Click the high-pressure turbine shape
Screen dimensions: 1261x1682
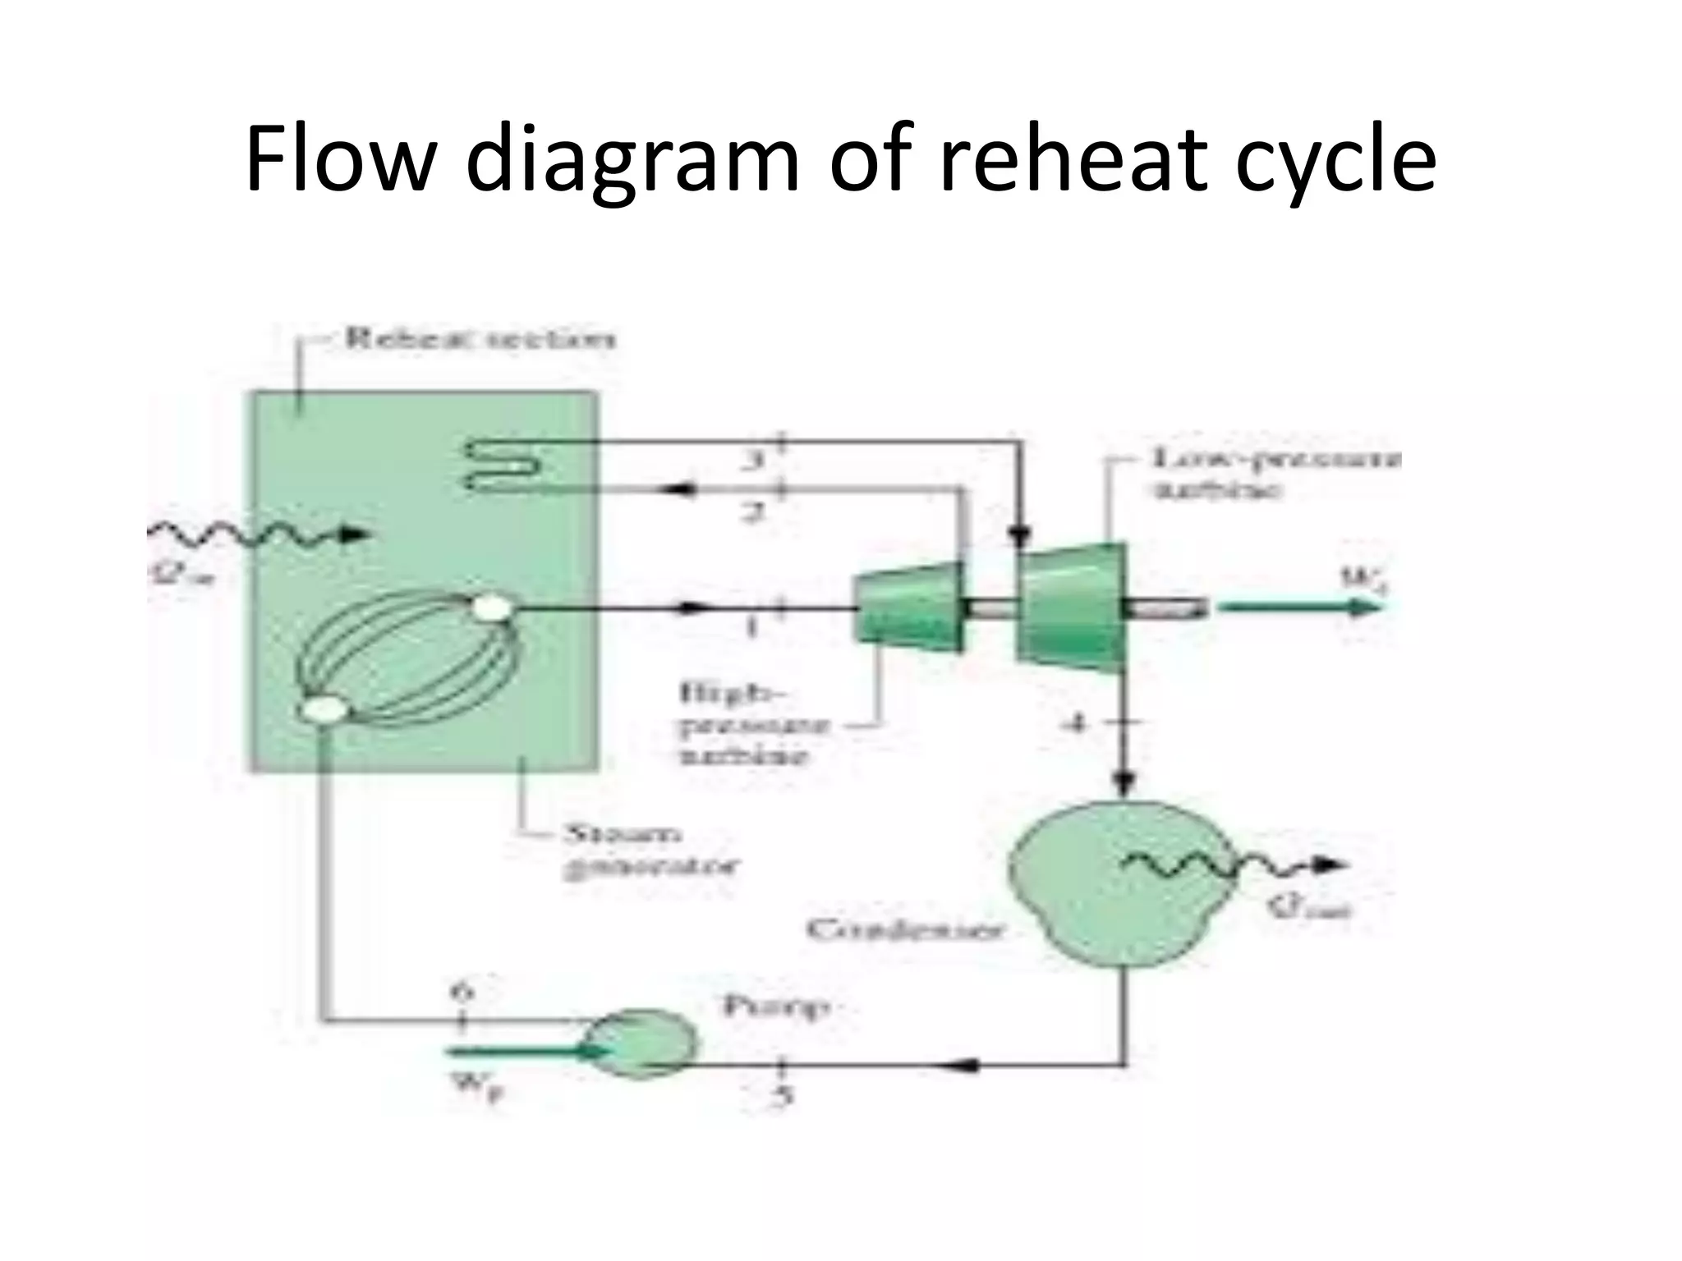tap(908, 608)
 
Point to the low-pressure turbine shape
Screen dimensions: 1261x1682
tap(1071, 608)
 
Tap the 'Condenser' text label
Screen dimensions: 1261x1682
tap(904, 929)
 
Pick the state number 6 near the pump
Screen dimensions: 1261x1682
tap(462, 992)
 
